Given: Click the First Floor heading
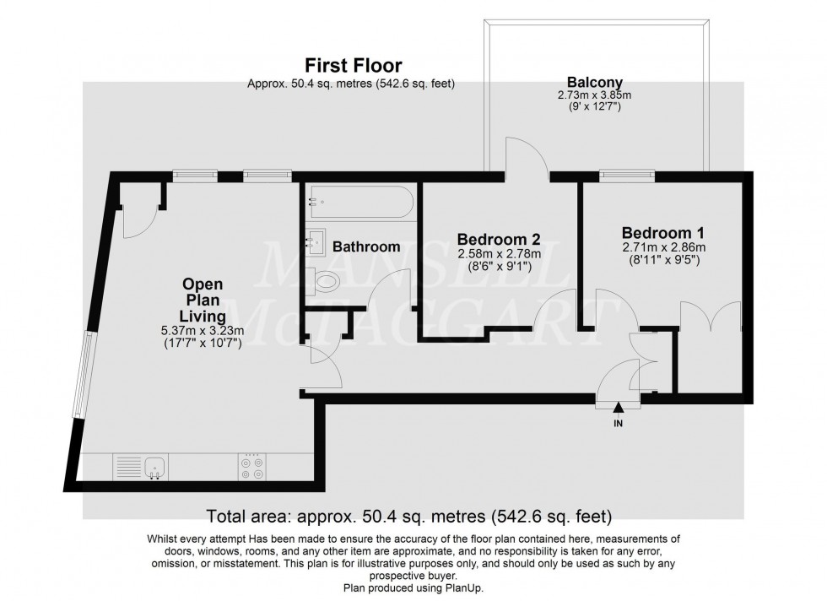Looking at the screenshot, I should click(x=353, y=65).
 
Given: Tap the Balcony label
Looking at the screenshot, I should click(x=594, y=82).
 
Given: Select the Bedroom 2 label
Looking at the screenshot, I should click(x=499, y=239).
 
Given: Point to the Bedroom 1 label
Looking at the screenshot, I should click(x=662, y=232).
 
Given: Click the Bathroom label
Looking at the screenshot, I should click(x=365, y=247).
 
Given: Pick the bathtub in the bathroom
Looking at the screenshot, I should click(x=361, y=202).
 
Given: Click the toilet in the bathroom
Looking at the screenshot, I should click(x=323, y=280).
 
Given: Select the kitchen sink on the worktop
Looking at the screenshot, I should click(x=154, y=466).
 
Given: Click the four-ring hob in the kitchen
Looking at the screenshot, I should click(x=251, y=467).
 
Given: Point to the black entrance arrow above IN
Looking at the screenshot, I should click(x=618, y=409).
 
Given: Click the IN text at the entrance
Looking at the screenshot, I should click(x=618, y=424).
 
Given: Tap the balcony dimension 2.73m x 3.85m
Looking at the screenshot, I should click(x=594, y=96).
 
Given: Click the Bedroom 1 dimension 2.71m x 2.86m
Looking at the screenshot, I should click(x=662, y=247).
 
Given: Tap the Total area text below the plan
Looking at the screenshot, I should click(x=409, y=515).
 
